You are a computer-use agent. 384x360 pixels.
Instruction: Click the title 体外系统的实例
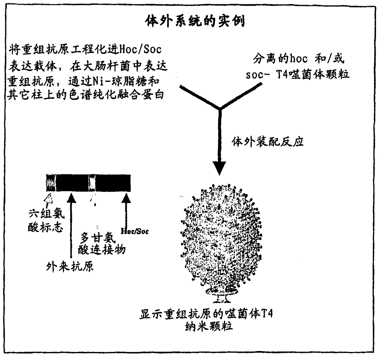coord(195,21)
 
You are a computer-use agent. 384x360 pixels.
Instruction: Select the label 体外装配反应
coord(268,141)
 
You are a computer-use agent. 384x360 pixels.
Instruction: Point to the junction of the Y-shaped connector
coord(220,109)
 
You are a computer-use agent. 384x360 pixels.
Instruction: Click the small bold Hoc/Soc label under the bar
coord(134,231)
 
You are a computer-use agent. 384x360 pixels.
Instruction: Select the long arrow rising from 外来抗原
coord(71,226)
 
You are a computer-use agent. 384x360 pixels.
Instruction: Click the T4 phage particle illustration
coord(221,239)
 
